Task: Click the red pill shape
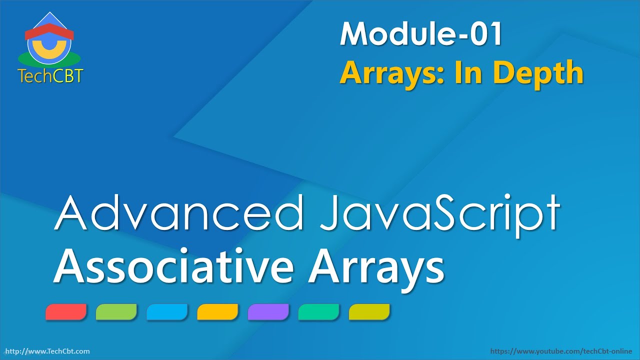tap(66, 311)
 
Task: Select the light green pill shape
tap(116, 311)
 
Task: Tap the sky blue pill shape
tap(167, 311)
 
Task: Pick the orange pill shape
tap(217, 311)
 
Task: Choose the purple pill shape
tap(268, 311)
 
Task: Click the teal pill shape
tap(318, 311)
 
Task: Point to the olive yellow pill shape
tap(369, 311)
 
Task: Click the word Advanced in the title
tap(178, 212)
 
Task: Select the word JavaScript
tap(440, 215)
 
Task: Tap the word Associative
tap(173, 265)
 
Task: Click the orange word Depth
tap(538, 73)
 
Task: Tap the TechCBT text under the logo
tap(50, 76)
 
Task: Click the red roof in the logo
tap(49, 31)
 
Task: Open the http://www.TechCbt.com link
tap(47, 351)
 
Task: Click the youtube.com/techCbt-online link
tap(561, 351)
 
